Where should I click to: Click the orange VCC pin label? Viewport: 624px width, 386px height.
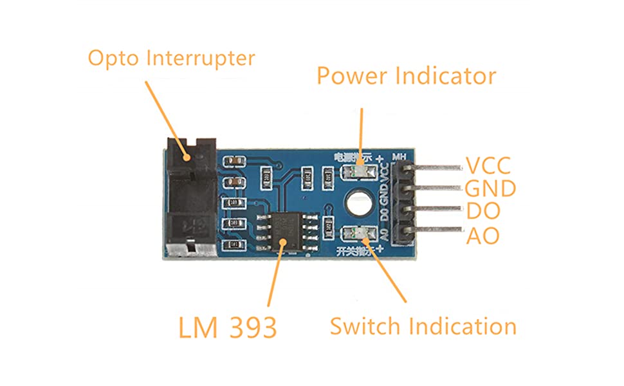[488, 166]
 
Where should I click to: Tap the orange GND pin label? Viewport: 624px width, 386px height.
[490, 189]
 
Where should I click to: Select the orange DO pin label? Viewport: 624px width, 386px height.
[482, 212]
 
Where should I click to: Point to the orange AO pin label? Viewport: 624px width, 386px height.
[482, 235]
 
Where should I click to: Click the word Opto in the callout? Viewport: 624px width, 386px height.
[114, 58]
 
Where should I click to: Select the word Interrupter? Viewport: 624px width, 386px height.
[201, 58]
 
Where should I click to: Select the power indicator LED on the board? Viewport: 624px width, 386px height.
[358, 172]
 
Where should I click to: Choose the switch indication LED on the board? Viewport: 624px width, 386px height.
[358, 235]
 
